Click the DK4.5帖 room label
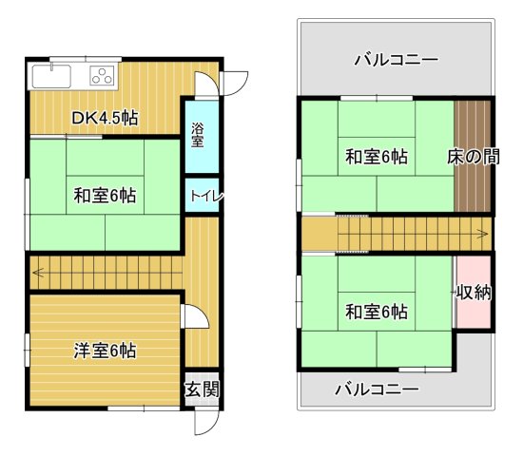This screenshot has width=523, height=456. coord(106,118)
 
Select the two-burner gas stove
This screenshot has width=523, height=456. coord(102,76)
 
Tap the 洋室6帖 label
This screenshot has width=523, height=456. coord(105,351)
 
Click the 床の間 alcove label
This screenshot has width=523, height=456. coord(473,158)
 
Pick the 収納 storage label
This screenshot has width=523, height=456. coord(474,293)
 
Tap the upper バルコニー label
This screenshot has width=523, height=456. coord(396,59)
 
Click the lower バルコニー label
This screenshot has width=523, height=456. coord(377,389)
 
